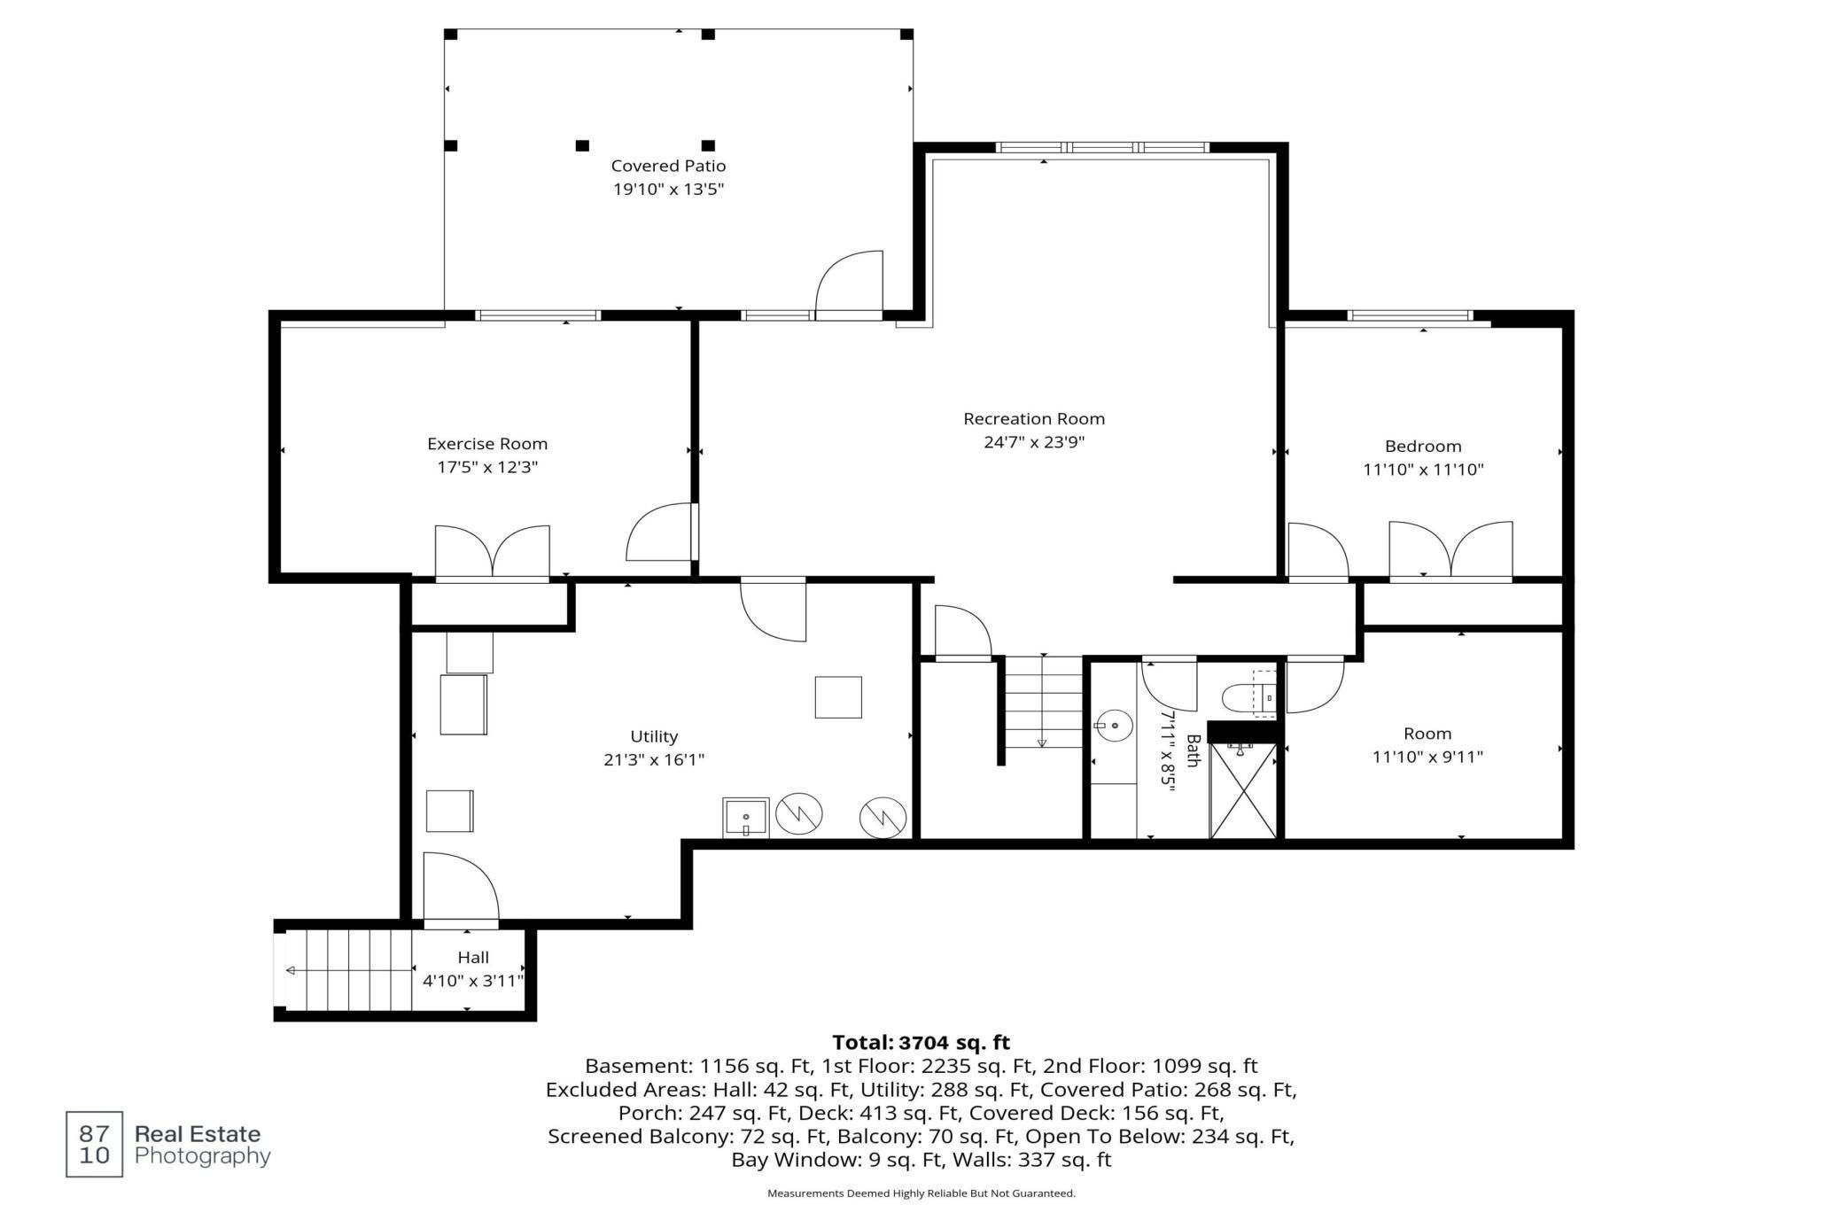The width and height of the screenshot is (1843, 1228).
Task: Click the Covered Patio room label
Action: [668, 166]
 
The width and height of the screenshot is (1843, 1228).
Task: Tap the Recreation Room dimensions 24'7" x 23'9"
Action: [1034, 442]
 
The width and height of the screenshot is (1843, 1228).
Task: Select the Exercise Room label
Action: [487, 444]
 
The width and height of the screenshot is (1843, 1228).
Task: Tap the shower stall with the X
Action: [1243, 790]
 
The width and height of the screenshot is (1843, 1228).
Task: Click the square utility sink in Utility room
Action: [745, 817]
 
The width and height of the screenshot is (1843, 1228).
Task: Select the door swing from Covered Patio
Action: [849, 284]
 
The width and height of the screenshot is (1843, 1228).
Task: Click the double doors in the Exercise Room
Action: [492, 553]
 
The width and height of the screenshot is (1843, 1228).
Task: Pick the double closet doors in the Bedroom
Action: [1450, 550]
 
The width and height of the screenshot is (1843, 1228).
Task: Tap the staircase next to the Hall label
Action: [349, 970]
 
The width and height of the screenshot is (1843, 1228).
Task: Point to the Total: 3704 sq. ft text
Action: [921, 1042]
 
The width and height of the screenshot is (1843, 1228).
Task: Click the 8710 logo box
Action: [95, 1144]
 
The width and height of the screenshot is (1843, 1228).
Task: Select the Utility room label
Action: [654, 736]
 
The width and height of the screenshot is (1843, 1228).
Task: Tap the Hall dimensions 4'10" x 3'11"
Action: [473, 981]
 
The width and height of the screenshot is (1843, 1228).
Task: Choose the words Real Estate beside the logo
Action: [198, 1134]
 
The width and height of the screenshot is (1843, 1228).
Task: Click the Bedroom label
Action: [1423, 447]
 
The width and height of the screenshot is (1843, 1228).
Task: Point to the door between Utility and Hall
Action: [461, 888]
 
